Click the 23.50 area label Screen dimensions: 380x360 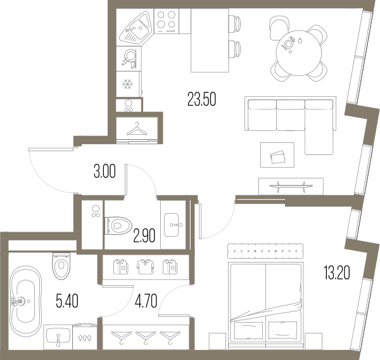(x=201, y=99)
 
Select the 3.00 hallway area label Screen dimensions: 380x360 (x=104, y=171)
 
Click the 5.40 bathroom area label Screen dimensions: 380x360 (x=67, y=301)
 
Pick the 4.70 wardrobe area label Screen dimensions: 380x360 (x=146, y=301)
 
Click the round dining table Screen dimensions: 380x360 (x=298, y=53)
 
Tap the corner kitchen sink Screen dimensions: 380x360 (x=136, y=27)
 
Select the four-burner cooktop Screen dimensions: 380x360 (x=167, y=21)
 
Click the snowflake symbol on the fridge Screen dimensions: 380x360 (x=127, y=84)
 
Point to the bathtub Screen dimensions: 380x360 (x=25, y=301)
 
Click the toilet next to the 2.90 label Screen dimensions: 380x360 (x=118, y=226)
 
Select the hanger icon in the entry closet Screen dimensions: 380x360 (x=137, y=129)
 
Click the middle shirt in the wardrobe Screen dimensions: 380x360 (x=145, y=267)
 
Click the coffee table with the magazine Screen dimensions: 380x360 (x=277, y=155)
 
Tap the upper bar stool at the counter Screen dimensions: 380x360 (x=234, y=23)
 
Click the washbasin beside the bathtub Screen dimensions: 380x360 (x=58, y=337)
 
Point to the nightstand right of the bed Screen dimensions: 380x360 (x=313, y=342)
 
